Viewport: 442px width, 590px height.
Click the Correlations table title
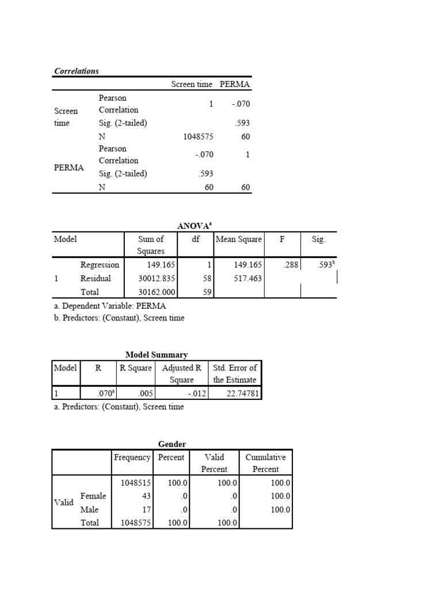tap(77, 71)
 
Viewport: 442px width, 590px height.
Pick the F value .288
tap(290, 265)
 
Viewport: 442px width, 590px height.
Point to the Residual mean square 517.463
tap(247, 278)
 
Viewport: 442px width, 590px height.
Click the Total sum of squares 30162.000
tap(157, 292)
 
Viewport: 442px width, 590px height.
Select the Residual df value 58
tap(207, 278)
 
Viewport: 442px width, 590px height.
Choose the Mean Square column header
tap(238, 239)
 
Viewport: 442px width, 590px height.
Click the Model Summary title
tap(157, 355)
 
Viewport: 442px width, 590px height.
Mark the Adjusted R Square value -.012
tap(196, 394)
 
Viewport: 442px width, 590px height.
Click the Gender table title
tap(172, 443)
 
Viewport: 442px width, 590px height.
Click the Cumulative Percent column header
tap(265, 463)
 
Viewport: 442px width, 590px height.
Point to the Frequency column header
tap(132, 457)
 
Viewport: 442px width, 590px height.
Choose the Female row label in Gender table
tap(93, 496)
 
